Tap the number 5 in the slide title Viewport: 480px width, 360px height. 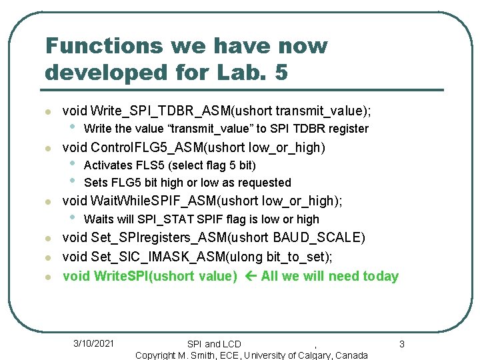(x=281, y=72)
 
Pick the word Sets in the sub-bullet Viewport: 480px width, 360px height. (x=95, y=183)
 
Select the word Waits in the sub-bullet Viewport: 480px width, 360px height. (x=99, y=219)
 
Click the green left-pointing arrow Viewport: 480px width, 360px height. (x=249, y=276)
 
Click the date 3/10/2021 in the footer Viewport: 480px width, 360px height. (x=93, y=343)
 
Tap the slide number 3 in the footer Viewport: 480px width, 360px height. (x=401, y=344)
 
